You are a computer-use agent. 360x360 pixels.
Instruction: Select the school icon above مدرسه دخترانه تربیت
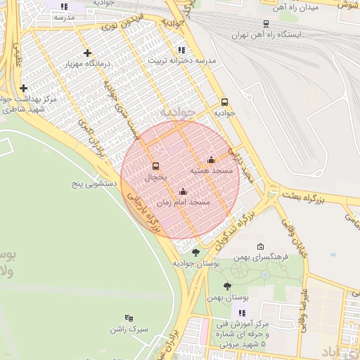[182, 50]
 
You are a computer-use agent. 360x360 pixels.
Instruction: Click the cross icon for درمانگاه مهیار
[87, 53]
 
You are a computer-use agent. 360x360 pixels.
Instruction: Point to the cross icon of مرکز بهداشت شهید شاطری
[24, 88]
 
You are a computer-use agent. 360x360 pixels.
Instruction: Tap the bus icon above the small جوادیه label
[224, 101]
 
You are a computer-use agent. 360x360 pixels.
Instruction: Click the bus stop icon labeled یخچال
[155, 167]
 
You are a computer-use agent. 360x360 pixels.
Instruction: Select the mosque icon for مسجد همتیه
[211, 160]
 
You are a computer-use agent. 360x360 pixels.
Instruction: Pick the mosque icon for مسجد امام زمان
[183, 191]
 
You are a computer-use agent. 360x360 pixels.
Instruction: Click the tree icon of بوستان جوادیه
[195, 252]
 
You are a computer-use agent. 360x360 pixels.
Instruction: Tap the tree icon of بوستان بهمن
[226, 286]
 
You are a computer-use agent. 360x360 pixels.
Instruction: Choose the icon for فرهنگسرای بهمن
[261, 247]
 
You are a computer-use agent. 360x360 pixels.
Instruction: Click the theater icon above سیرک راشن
[129, 318]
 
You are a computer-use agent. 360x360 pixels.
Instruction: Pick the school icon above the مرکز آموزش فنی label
[243, 312]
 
